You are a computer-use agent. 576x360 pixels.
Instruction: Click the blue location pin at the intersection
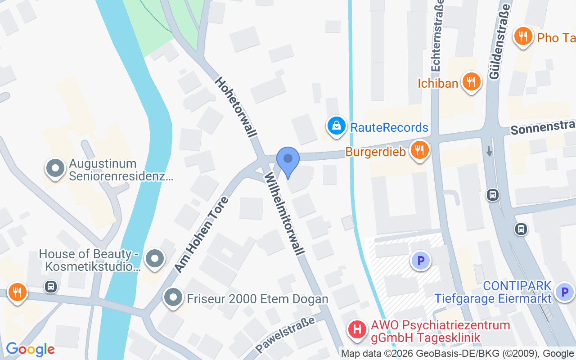288,160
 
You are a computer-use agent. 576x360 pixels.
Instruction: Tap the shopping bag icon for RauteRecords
336,126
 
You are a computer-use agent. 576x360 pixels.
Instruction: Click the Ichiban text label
437,83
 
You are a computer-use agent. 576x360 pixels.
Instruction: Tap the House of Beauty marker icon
155,259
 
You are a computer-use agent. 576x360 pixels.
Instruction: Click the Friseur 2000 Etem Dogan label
257,299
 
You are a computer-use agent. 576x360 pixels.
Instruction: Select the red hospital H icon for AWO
358,330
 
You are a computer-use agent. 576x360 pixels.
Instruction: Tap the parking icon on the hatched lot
421,260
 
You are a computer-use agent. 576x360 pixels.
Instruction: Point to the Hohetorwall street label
236,107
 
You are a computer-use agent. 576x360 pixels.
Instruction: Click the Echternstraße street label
437,35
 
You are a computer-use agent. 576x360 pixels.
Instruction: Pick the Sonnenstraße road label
543,128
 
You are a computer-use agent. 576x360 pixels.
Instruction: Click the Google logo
30,349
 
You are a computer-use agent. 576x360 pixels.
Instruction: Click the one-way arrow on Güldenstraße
490,151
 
